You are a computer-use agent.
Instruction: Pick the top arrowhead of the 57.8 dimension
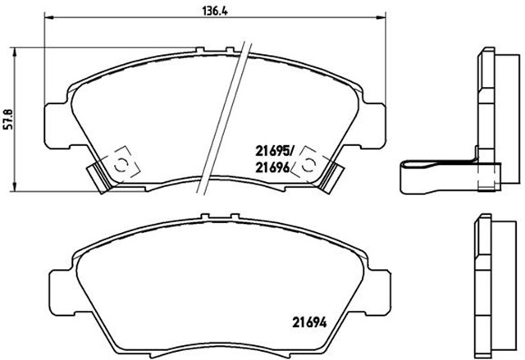(x=17, y=50)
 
